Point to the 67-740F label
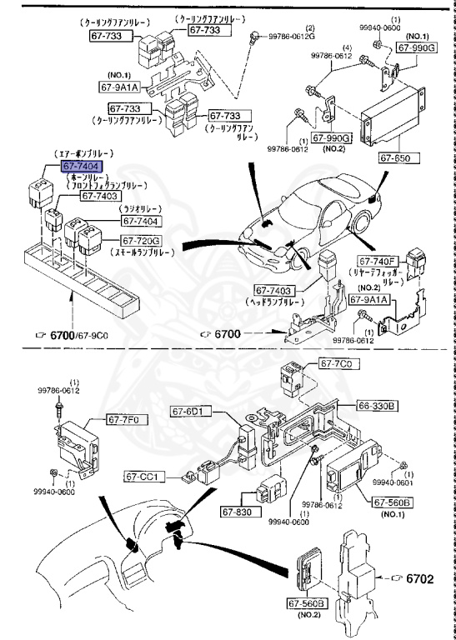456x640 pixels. pyautogui.click(x=380, y=260)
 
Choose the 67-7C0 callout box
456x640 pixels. pyautogui.click(x=336, y=365)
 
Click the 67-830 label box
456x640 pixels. pyautogui.click(x=239, y=512)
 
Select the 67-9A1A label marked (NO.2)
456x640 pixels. pyautogui.click(x=369, y=299)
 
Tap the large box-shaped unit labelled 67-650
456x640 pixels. pyautogui.click(x=390, y=117)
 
